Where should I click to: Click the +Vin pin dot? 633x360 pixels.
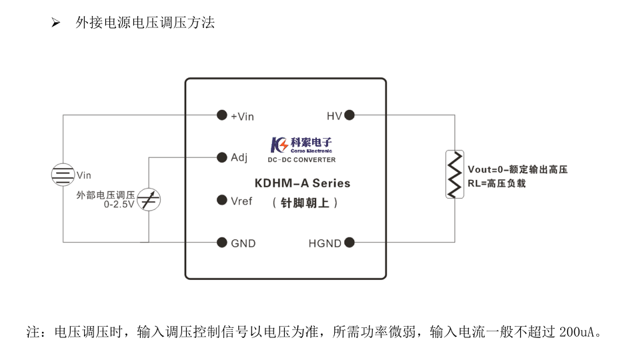(x=221, y=115)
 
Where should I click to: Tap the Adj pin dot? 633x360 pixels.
(x=221, y=157)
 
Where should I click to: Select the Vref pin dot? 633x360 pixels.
(x=221, y=200)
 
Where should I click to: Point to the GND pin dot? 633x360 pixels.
(x=221, y=243)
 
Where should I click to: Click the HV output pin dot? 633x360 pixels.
(x=349, y=115)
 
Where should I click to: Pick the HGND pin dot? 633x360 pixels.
(x=349, y=243)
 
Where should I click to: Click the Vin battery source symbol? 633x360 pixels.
(x=63, y=175)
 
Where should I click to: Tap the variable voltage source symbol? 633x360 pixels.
(x=148, y=199)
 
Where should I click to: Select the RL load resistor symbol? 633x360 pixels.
(x=455, y=175)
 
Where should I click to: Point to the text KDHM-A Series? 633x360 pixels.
(x=302, y=183)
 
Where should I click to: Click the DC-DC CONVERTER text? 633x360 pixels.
(x=301, y=160)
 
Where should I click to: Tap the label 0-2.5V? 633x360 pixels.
(x=119, y=205)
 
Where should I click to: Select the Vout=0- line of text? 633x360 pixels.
(x=517, y=170)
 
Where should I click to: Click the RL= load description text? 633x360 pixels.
(x=496, y=183)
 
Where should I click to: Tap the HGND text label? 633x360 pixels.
(x=325, y=243)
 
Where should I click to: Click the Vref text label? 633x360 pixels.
(x=241, y=201)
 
